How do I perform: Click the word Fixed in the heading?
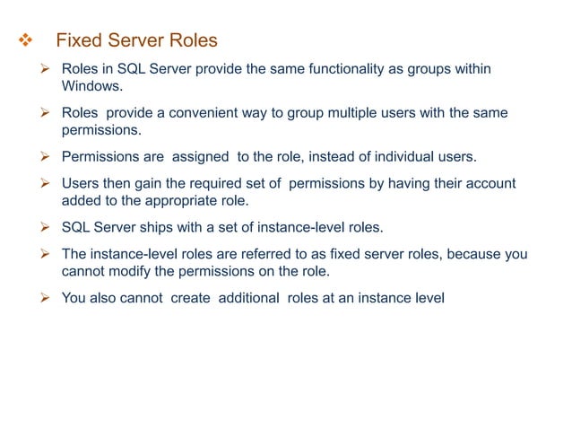point(76,41)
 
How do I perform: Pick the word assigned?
point(200,158)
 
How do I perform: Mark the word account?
point(490,184)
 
